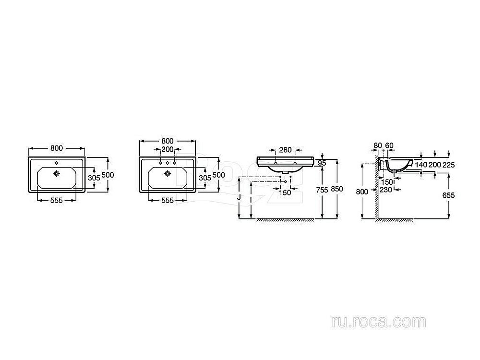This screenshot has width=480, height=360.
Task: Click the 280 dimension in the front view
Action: coord(285,150)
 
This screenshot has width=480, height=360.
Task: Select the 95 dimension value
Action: coord(322,163)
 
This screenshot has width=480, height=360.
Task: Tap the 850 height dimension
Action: coord(337,190)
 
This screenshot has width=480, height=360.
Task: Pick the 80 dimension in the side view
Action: coord(377,145)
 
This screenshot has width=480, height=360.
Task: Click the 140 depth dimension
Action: coord(421,165)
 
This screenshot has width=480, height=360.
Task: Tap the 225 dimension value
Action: coord(449,165)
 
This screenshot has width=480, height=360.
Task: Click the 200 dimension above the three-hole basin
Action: coord(168,149)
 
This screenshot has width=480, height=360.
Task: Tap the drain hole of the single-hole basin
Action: coord(57,172)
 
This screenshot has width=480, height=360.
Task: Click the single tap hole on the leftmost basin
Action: coord(57,162)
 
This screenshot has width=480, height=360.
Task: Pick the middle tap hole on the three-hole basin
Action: coord(168,163)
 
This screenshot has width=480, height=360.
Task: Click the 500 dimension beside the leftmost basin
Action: coord(108,175)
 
